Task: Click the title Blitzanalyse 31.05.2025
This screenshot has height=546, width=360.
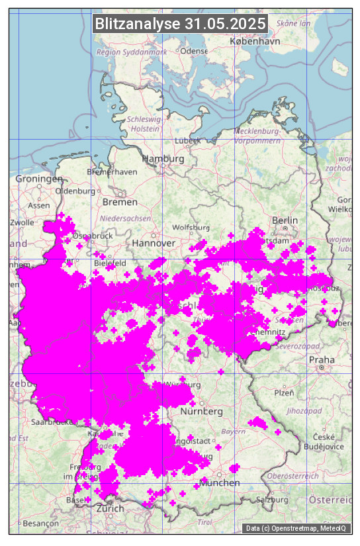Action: [x=180, y=24]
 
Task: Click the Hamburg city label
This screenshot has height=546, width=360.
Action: [x=163, y=159]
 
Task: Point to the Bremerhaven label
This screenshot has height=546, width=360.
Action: [x=112, y=172]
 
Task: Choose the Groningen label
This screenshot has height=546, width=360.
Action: [x=39, y=179]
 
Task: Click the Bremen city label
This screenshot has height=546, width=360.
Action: [x=120, y=201]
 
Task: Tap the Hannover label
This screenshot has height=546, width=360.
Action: [x=154, y=243]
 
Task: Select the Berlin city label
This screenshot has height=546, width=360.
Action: [x=285, y=220]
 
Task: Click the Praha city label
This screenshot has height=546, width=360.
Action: [x=322, y=360]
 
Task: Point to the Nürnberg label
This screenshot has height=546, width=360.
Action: [x=201, y=412]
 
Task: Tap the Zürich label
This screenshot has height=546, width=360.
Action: [x=110, y=508]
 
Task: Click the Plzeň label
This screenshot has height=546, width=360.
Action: [x=284, y=392]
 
